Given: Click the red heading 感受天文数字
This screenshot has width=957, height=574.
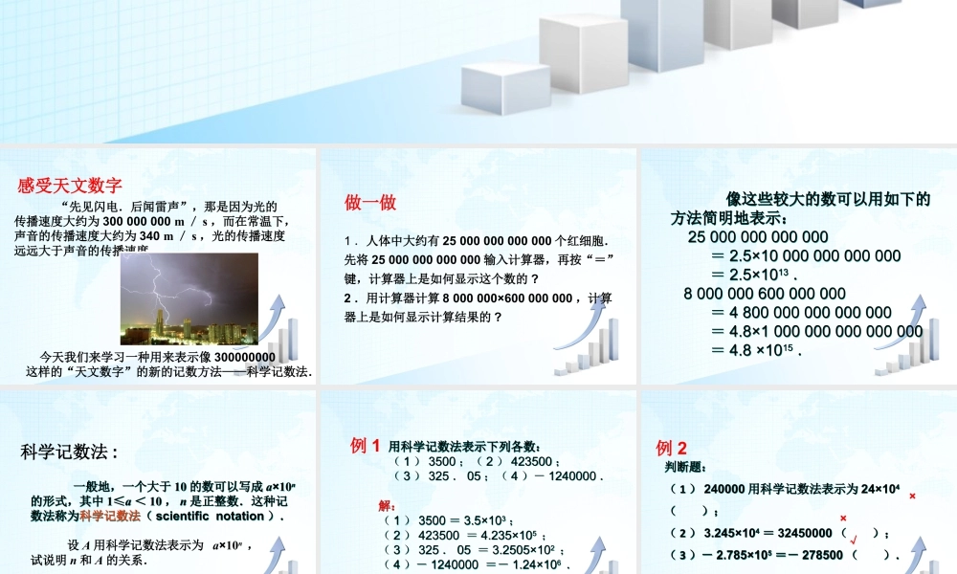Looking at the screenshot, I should [x=69, y=186].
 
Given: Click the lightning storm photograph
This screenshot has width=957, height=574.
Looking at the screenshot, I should [x=189, y=298].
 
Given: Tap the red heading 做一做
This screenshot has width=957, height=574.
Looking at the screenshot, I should [x=370, y=203].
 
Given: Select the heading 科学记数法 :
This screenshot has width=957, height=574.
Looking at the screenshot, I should [x=69, y=453].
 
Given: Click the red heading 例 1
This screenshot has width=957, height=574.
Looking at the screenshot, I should [x=367, y=445].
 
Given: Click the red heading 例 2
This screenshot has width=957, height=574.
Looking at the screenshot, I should [x=672, y=448].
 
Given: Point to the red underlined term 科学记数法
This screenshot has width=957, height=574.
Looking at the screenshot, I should [x=110, y=516].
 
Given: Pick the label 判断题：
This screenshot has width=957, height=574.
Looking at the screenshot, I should [x=685, y=467].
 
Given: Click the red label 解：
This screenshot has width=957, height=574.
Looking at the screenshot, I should [x=388, y=505].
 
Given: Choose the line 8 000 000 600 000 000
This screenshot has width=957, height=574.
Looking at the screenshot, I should [x=766, y=294].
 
